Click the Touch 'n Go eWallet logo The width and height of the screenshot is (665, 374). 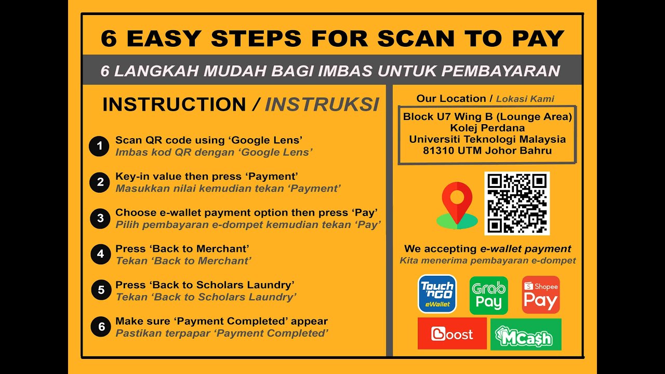437,294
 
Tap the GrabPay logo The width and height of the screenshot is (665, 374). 488,295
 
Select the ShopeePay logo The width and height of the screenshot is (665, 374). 540,295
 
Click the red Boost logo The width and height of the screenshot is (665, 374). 452,333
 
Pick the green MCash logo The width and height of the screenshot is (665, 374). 525,334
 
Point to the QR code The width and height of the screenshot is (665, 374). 517,203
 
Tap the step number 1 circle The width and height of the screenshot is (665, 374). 99,146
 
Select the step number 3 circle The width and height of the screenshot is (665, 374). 100,218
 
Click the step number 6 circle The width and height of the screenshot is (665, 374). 101,327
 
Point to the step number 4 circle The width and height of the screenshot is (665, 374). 100,254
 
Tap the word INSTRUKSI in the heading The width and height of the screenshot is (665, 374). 322,104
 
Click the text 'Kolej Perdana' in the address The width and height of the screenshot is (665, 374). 487,128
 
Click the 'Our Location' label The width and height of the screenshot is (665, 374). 450,99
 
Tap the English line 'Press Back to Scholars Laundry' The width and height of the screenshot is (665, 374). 205,285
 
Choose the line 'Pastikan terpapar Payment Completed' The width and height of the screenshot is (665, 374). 222,333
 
